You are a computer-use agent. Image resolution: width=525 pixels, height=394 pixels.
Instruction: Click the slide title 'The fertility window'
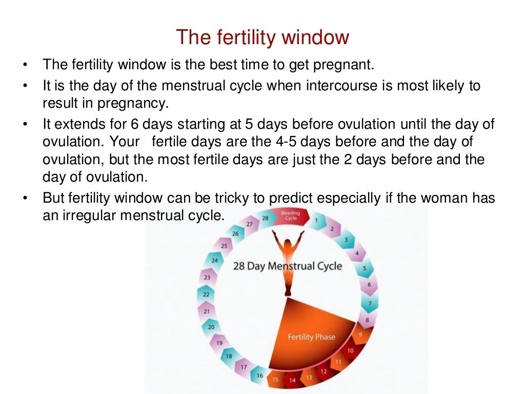coord(262,37)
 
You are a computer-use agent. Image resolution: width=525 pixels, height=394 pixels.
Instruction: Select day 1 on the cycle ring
coord(316,221)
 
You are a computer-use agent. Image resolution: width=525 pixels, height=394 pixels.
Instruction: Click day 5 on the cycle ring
coord(365,268)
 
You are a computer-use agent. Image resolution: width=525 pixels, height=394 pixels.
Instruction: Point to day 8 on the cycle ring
coord(367,320)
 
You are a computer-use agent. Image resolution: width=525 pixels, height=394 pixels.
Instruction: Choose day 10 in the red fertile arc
coord(350,351)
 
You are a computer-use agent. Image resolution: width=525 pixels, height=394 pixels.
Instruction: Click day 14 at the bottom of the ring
coord(292,380)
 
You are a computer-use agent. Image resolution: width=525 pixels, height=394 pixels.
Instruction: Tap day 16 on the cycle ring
coord(259,376)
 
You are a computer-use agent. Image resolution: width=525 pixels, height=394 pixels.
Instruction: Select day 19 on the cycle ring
coord(219,343)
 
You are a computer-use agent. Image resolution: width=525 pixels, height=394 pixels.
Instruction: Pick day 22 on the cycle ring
coord(206,294)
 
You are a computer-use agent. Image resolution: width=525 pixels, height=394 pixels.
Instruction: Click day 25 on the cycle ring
coord(224,246)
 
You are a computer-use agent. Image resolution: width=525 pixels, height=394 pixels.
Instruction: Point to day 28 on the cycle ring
coord(265,218)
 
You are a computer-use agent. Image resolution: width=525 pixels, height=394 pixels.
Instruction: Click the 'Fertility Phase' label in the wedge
coord(311,337)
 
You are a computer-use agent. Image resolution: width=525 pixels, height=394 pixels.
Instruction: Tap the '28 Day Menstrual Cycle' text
coord(287,266)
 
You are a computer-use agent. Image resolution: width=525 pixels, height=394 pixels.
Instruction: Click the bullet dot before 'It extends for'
coord(25,125)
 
